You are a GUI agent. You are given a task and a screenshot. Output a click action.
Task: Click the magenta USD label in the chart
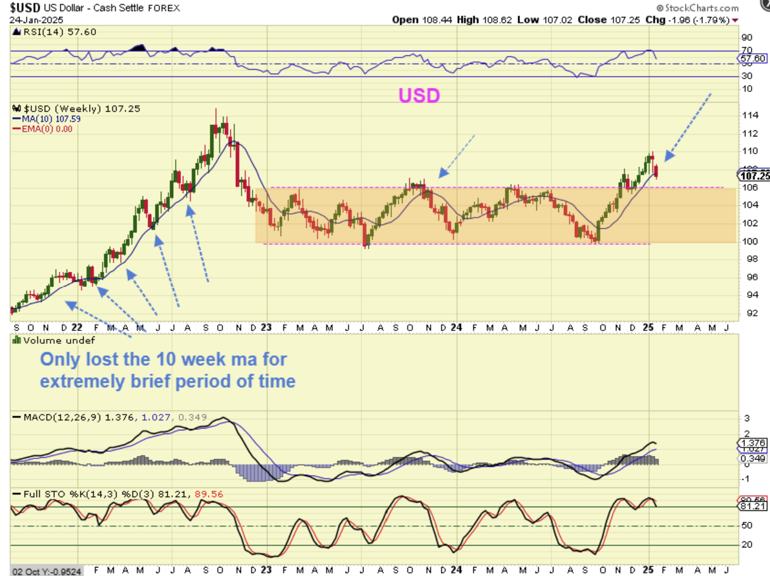(x=419, y=96)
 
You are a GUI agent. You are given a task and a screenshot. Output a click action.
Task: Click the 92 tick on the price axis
(x=747, y=313)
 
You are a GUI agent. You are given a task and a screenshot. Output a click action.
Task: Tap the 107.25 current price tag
(x=754, y=176)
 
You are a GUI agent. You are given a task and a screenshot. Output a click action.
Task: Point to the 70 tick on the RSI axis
(x=747, y=50)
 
